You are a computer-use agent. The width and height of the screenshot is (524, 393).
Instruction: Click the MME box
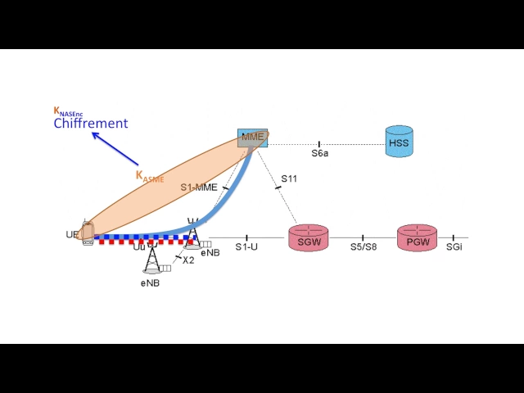point(253,138)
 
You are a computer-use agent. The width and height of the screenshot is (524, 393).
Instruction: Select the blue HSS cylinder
point(399,142)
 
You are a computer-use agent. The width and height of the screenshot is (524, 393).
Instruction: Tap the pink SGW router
point(309,237)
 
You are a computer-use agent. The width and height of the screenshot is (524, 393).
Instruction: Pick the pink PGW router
point(417,237)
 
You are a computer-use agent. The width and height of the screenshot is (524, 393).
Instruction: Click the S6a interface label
point(320,153)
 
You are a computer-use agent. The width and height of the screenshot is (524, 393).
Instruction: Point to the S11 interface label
point(289,178)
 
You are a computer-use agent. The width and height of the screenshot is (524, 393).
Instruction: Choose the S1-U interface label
point(246,247)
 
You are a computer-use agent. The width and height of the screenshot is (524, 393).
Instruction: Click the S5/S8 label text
point(364,247)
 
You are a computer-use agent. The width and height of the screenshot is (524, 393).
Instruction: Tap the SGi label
point(454,247)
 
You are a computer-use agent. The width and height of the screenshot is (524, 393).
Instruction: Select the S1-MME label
point(199,187)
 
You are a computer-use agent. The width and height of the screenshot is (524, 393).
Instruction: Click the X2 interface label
point(188,260)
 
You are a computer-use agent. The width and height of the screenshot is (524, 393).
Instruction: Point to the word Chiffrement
point(91,124)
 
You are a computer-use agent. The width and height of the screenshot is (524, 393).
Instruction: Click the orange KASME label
point(150,177)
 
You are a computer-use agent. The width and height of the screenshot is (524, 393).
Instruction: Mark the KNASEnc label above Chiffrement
point(68,111)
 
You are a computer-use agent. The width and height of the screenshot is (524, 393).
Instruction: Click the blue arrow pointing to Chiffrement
point(115,149)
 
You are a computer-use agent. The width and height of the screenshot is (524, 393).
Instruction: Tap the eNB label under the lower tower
point(150,283)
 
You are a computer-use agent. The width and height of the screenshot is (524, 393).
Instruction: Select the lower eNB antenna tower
point(152,258)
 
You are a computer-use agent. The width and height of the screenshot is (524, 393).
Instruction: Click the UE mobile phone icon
point(88,233)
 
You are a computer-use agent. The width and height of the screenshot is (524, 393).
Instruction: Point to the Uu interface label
point(139,247)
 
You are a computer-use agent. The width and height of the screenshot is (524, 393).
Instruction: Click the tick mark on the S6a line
point(319,144)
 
